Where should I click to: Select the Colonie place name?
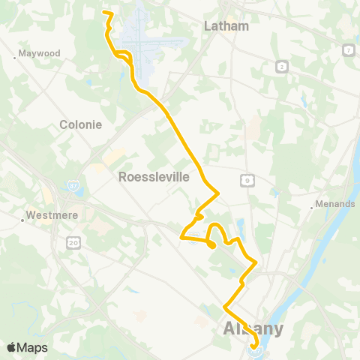coord(80,124)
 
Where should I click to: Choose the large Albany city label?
coord(253,329)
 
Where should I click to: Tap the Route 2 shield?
coord(282,67)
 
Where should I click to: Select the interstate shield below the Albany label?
coord(256,349)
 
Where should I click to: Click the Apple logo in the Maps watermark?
coord(12,347)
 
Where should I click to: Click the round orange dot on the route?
coord(211,244)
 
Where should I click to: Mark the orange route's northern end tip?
coord(103,13)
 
